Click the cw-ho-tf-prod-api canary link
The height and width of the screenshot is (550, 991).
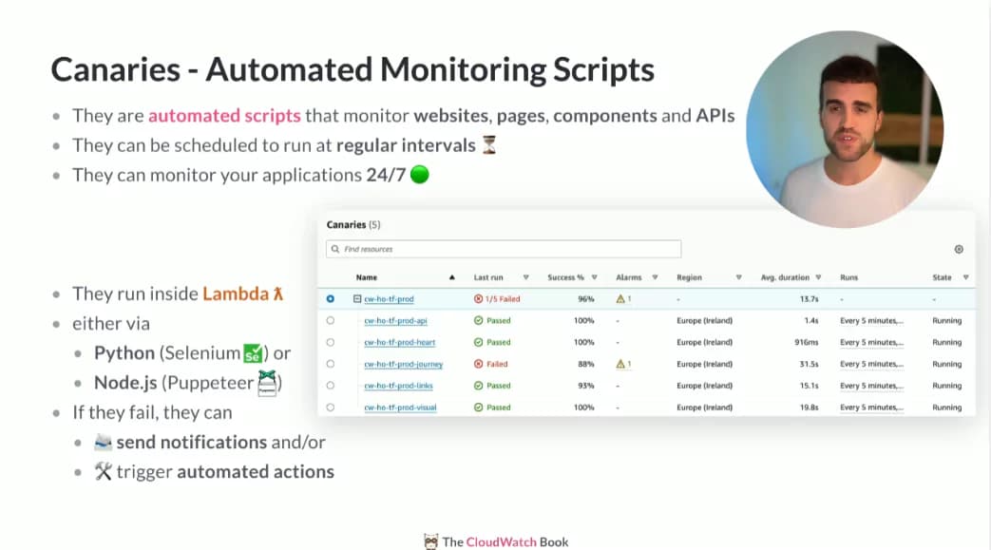(395, 320)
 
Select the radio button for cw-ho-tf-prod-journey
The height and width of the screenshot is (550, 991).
(331, 364)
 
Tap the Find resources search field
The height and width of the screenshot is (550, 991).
(504, 249)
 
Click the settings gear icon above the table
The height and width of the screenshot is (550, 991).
(959, 249)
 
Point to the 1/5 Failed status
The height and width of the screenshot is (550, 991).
(497, 299)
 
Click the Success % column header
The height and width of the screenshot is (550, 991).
(565, 277)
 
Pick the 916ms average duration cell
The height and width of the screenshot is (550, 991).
(807, 342)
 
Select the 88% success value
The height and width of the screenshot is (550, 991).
(586, 364)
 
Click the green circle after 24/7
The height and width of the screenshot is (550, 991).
(420, 175)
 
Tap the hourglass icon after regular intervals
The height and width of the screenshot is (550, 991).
(489, 144)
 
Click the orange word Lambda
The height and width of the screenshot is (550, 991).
(236, 294)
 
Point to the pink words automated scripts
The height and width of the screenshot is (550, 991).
(224, 116)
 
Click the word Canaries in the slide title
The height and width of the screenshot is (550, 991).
(116, 69)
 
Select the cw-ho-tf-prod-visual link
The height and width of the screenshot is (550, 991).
(400, 408)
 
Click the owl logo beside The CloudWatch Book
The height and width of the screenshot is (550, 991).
(431, 541)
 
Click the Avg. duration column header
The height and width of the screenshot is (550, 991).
(785, 277)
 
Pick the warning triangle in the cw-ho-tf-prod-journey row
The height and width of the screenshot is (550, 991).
(620, 364)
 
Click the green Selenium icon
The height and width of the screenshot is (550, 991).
(253, 352)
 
